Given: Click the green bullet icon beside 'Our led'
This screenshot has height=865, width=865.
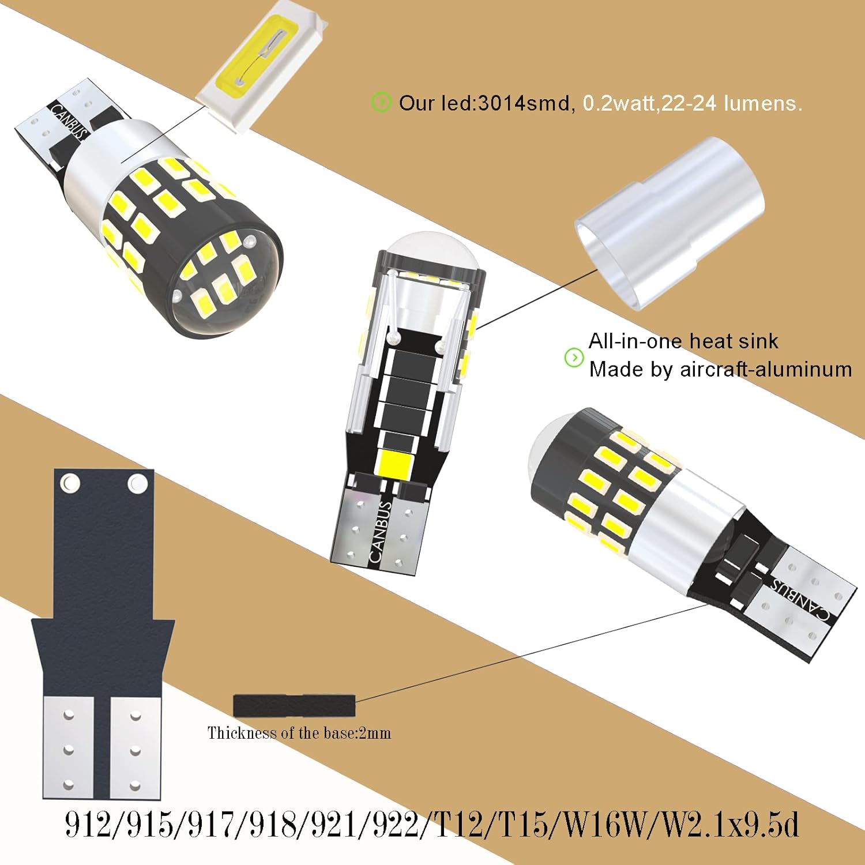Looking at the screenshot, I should coord(381,102).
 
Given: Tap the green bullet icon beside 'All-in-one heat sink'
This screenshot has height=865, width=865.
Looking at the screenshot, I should coord(574,358).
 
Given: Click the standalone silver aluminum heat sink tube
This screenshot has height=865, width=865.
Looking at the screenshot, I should coord(672,222).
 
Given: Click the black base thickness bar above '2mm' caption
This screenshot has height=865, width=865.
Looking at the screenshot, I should coord(294,705).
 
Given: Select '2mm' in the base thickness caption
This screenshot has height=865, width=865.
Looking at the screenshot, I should coord(375,734).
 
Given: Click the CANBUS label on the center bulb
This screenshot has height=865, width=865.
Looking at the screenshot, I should coord(379,532).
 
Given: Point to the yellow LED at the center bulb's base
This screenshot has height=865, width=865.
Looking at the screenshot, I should coord(392,461).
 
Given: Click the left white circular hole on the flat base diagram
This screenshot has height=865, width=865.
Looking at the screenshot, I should coord(70,482).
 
